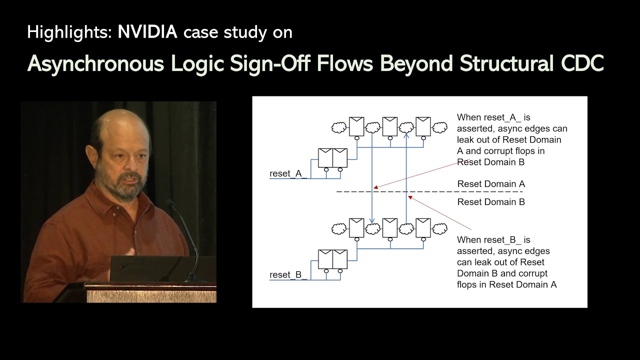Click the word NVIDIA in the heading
pos(147,32)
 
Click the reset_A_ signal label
pos(288,173)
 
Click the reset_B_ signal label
pos(288,275)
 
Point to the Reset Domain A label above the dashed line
pos(491,184)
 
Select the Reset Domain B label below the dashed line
pos(491,202)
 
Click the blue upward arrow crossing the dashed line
pos(406,192)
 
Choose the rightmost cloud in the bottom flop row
pos(440,229)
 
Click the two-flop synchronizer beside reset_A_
pos(333,157)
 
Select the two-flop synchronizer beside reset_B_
pos(333,259)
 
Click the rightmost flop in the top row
pos(423,126)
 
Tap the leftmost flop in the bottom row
pos(356,227)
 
